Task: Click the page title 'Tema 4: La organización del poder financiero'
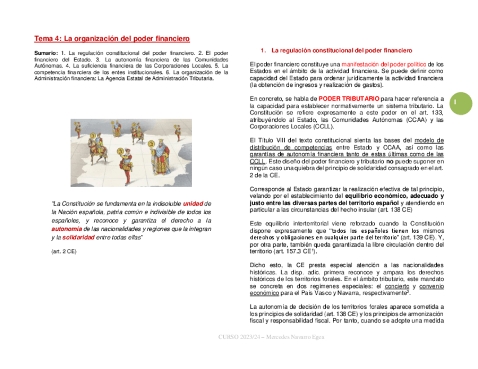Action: tap(112, 38)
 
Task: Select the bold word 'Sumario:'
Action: tap(46, 53)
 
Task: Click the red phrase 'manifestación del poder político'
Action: tap(384, 64)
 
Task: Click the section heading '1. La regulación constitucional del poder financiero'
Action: tap(336, 50)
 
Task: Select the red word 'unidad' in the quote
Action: tap(193, 203)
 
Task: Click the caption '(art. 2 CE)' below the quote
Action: tap(64, 251)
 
